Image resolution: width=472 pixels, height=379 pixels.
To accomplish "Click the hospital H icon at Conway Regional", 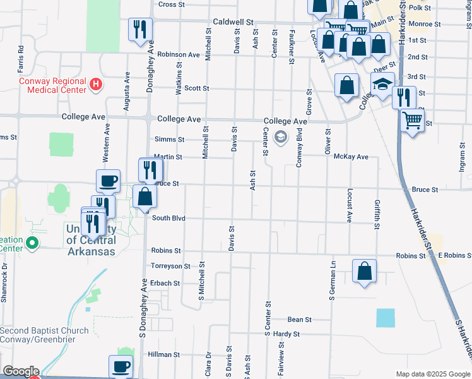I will [x=95, y=83].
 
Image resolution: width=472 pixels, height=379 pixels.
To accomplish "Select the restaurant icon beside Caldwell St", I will [x=139, y=29].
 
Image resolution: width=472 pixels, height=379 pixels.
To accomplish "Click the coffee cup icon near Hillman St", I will [x=121, y=366].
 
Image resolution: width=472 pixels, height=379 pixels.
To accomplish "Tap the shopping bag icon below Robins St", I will [x=365, y=271].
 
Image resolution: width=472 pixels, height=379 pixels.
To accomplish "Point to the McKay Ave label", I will [x=351, y=157].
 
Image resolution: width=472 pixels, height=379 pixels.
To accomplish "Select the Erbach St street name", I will [x=165, y=283].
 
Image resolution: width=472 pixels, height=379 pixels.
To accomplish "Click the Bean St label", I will [x=299, y=320].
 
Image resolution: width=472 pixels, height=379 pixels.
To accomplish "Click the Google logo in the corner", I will [x=20, y=371].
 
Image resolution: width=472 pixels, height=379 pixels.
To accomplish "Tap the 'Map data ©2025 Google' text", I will [x=432, y=374].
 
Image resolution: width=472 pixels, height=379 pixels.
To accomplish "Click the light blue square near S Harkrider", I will [x=385, y=318].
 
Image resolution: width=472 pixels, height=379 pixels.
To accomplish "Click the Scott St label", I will [x=197, y=88].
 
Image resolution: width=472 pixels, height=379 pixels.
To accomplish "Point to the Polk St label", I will [x=419, y=8].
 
